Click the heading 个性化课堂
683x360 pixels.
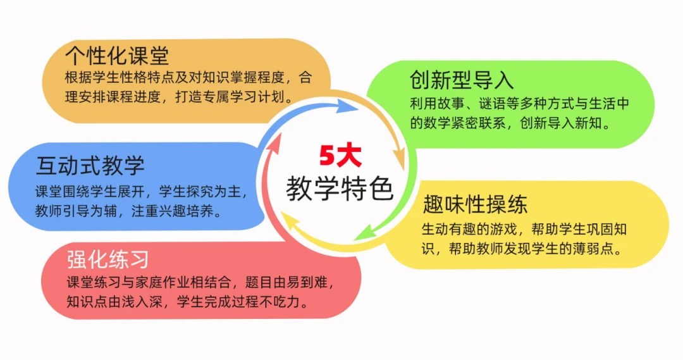(117, 55)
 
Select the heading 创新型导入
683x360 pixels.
(462, 80)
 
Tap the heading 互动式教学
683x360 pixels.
(90, 165)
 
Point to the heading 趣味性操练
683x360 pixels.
(475, 204)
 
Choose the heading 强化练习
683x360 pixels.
(108, 260)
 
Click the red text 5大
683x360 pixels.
(341, 156)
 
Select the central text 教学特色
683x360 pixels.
(340, 189)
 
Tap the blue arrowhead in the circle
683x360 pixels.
(347, 106)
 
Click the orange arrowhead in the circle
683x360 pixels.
(399, 159)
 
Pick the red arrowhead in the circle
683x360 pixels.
(274, 142)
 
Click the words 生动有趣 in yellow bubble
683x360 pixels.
(448, 229)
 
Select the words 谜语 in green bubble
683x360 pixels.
(492, 104)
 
